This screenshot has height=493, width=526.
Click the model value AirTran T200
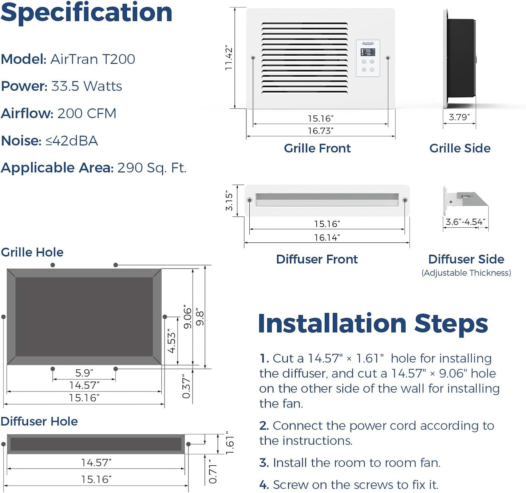(92, 59)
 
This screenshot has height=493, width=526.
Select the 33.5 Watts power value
(87, 87)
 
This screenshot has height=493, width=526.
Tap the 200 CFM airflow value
(87, 114)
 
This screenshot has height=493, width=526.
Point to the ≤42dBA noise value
(72, 141)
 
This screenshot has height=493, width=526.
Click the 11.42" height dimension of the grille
(229, 58)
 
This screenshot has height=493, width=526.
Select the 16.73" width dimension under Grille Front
(321, 131)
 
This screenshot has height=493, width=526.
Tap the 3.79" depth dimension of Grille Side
(459, 117)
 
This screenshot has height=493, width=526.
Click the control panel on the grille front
(368, 58)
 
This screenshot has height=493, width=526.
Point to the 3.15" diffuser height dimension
(229, 200)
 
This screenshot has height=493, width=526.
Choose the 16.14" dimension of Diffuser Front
(327, 238)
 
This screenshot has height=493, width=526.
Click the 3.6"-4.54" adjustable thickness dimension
(465, 222)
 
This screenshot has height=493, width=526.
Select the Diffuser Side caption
(466, 259)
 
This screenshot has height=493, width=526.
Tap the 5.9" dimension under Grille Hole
(84, 373)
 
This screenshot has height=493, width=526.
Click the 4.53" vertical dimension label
(171, 341)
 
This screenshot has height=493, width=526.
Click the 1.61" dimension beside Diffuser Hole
(230, 443)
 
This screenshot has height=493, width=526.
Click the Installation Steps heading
(373, 323)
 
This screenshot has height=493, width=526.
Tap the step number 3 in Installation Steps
(264, 463)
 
